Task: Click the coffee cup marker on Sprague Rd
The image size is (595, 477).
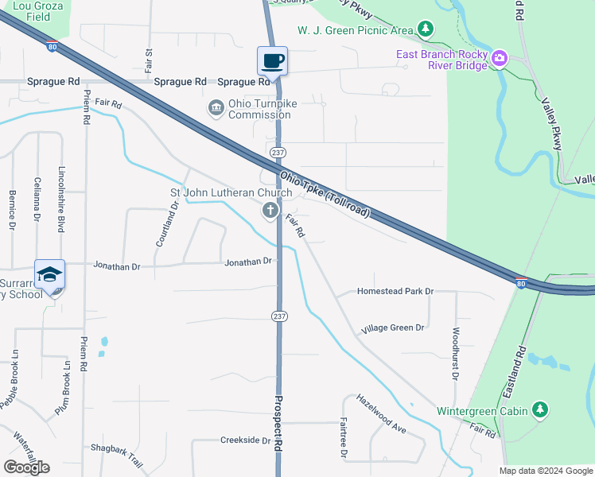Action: (x=272, y=60)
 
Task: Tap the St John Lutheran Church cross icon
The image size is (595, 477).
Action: (x=270, y=210)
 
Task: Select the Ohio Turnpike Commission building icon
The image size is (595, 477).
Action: (x=216, y=108)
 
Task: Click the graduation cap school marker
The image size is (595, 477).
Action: (x=49, y=274)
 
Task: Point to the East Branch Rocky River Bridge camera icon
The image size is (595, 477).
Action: (x=500, y=56)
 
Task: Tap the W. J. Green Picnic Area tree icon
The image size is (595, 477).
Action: (x=426, y=29)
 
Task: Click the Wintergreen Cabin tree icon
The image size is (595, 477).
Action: (x=540, y=409)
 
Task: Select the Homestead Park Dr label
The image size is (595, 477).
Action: (x=395, y=291)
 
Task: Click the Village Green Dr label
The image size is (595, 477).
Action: (x=392, y=328)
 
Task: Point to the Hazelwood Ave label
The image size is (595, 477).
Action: (x=381, y=413)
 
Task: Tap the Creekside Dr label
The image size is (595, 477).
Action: (x=246, y=440)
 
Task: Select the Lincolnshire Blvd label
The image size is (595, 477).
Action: (x=60, y=199)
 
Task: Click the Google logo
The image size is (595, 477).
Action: (x=26, y=467)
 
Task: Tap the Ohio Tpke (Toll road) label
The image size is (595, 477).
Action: (x=325, y=193)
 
